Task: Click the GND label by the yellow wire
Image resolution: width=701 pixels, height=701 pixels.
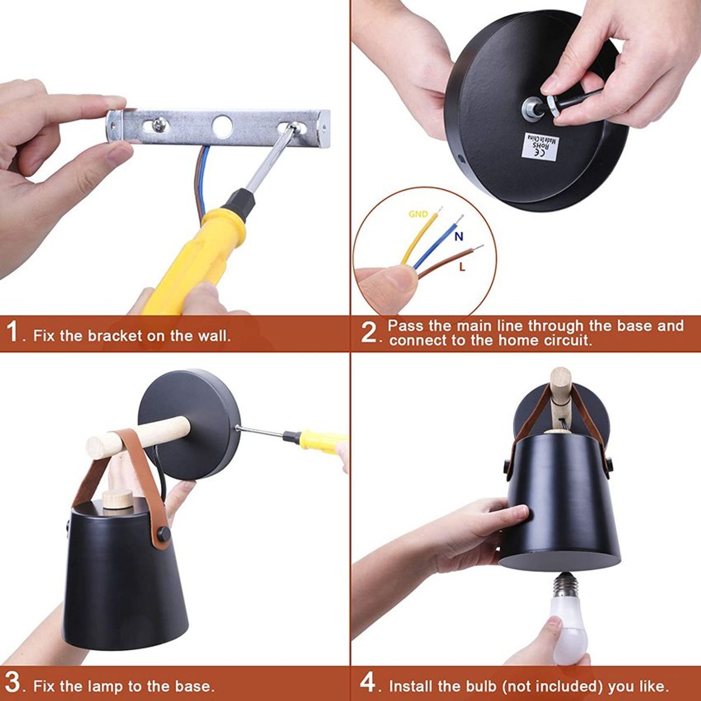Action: tap(418, 214)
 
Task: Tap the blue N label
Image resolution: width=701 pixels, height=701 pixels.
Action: tap(459, 236)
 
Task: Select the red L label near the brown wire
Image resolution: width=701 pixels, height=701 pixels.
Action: tap(462, 267)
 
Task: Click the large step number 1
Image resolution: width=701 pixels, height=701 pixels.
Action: tap(14, 332)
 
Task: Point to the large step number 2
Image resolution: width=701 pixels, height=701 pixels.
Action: tap(370, 332)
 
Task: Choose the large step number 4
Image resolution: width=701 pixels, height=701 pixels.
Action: tap(369, 682)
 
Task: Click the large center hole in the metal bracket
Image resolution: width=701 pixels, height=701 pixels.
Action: tap(223, 125)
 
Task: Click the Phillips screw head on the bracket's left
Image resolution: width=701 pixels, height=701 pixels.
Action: tap(159, 124)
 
